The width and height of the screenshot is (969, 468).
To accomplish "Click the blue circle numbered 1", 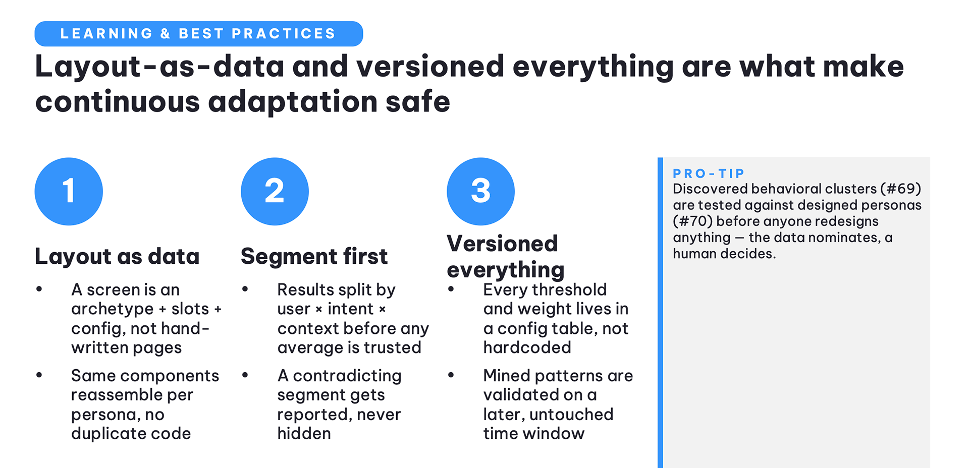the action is click(69, 191).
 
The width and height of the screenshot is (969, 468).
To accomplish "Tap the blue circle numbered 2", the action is click(275, 191).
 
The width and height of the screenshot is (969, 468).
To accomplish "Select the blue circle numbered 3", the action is click(480, 191).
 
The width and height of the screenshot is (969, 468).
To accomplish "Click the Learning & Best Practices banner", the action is click(198, 34).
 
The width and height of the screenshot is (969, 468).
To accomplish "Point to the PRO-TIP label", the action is click(709, 173).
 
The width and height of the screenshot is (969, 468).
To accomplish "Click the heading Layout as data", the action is click(117, 256).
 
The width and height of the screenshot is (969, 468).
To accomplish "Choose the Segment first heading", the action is click(314, 256).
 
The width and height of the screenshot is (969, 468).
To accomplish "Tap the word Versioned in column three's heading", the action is click(502, 244).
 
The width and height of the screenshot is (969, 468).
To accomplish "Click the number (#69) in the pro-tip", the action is click(901, 189).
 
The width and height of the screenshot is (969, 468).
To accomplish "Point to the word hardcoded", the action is click(527, 347).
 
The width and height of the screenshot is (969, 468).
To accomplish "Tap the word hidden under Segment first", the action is click(304, 433).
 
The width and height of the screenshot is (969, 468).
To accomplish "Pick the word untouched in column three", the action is click(571, 414).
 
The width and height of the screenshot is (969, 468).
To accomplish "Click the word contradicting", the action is click(347, 376).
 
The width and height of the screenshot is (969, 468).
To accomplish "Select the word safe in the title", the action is click(417, 101).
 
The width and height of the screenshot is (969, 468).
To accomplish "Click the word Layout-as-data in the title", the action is click(159, 67).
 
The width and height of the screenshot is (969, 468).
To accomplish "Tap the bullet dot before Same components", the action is click(39, 375).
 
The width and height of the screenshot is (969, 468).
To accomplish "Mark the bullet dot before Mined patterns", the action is click(451, 375).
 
